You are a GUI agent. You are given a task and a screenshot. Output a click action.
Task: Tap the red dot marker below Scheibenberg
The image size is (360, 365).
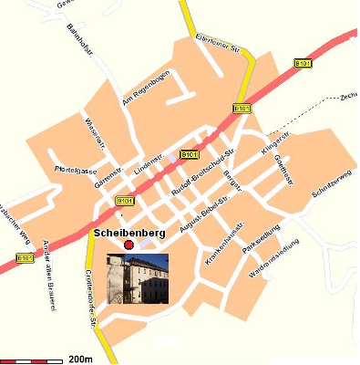tap(129, 245)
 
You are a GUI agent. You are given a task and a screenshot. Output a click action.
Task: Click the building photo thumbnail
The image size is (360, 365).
tap(138, 278)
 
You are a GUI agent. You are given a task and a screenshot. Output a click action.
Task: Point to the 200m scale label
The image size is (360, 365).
tap(80, 359)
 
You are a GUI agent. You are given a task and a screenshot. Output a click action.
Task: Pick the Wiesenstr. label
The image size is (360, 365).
tap(95, 134)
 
